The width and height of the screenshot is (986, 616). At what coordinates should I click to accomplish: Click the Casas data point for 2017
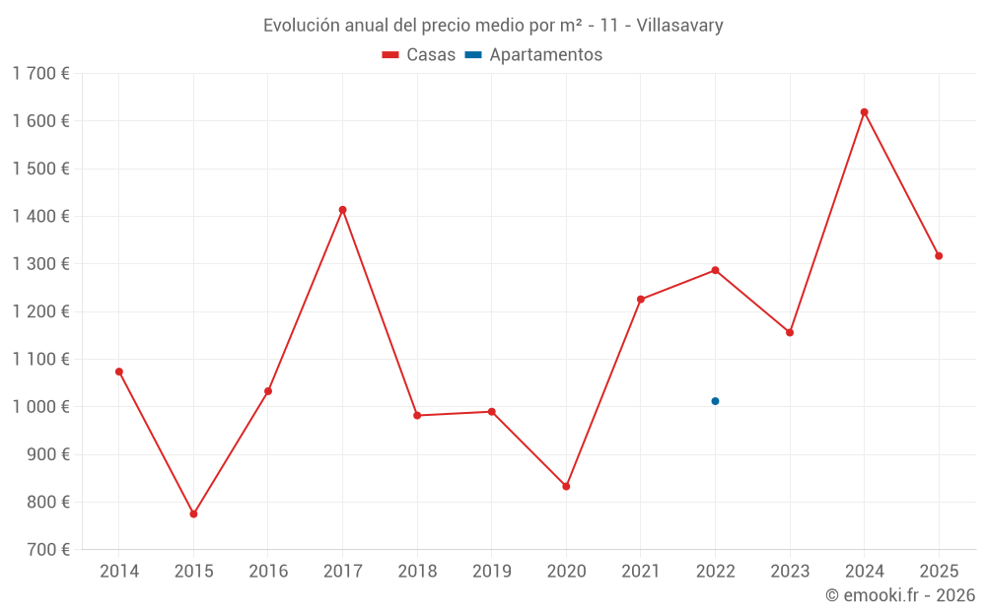[x=342, y=210]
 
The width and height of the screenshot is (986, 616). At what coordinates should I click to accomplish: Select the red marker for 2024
[x=864, y=112]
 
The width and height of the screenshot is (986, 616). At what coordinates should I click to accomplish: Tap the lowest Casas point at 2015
[x=193, y=513]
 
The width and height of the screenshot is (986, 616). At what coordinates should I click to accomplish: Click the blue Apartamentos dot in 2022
[x=715, y=401]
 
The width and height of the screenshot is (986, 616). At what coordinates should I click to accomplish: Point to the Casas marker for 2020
[x=566, y=486]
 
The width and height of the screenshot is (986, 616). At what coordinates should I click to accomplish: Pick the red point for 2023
[x=790, y=332]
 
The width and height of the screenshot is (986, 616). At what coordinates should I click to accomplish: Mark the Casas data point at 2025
[x=939, y=256]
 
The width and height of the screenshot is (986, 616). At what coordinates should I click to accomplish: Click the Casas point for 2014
[x=119, y=372]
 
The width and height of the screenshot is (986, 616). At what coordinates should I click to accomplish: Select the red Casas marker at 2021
[x=640, y=300]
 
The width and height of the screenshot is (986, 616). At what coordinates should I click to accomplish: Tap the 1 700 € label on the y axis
[x=40, y=73]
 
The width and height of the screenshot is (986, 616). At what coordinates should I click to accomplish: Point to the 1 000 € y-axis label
[x=40, y=406]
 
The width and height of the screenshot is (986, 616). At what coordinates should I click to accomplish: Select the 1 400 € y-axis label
[x=40, y=216]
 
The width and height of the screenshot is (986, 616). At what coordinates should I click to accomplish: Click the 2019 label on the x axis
[x=491, y=571]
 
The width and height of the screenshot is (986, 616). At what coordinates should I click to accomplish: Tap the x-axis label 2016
[x=268, y=571]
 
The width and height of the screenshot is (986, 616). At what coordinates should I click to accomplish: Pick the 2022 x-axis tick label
[x=715, y=571]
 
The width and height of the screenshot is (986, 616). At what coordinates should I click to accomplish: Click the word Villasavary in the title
[x=679, y=26]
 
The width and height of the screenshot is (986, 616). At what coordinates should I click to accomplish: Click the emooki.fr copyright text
[x=899, y=595]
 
